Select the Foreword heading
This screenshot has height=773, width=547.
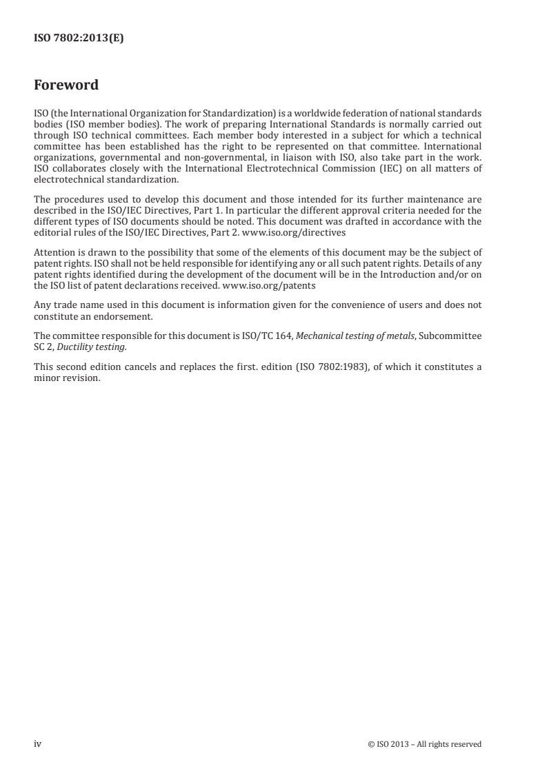66,85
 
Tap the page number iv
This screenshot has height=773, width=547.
38,743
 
